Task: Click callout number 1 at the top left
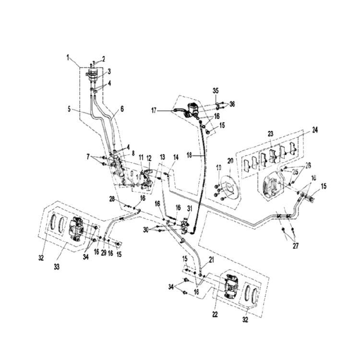tap(68, 58)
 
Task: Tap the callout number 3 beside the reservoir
tap(109, 72)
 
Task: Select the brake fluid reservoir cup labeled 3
tap(93, 75)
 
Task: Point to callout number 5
tap(70, 109)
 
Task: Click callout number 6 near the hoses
tap(122, 109)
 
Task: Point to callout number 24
tap(315, 130)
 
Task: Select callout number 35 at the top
tap(215, 91)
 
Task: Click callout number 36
tap(232, 104)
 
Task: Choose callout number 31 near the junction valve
tap(190, 208)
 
